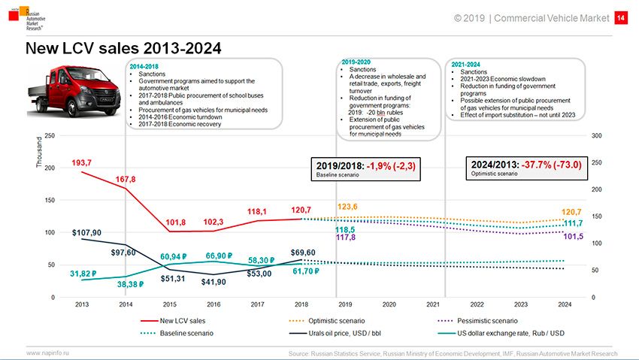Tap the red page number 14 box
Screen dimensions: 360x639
621,18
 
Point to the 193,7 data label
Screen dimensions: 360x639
82,163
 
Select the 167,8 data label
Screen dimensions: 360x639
126,180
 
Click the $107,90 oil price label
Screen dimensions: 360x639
86,232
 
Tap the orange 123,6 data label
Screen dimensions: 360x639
347,207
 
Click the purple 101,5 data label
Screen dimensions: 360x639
573,237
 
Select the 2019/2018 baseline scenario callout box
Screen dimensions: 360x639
365,168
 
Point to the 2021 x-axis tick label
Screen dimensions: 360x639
433,304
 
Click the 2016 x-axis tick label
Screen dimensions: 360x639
214,304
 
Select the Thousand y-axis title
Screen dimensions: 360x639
39,156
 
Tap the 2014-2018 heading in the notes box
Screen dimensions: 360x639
144,67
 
